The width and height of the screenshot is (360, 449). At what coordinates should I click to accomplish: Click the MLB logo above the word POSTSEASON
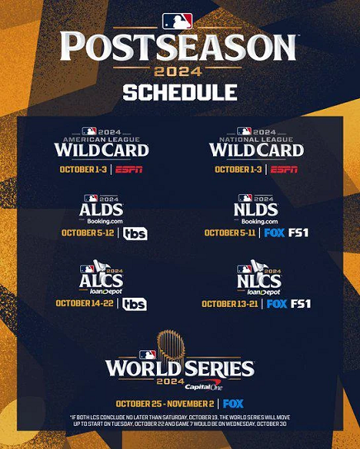[x=178, y=21]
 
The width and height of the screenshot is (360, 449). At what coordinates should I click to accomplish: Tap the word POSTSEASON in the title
[x=178, y=47]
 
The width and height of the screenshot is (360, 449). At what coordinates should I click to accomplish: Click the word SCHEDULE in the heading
[x=179, y=92]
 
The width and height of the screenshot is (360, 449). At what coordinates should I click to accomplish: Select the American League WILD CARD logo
[x=102, y=144]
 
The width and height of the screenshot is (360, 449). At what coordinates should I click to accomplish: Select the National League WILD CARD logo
[x=257, y=144]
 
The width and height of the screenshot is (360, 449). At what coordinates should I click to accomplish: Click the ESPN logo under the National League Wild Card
[x=284, y=169]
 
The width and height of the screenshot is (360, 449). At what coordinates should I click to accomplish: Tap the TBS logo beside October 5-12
[x=135, y=233]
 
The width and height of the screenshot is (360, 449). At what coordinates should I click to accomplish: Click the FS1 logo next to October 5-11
[x=298, y=233]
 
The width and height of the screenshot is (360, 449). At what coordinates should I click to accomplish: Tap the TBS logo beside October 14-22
[x=135, y=304]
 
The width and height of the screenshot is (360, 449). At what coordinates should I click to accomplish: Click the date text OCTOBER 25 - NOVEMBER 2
[x=166, y=404]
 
